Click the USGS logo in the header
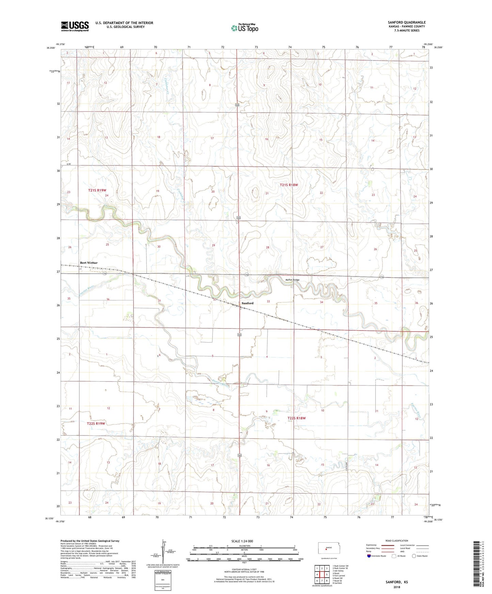click(75, 26)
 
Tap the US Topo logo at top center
click(244, 28)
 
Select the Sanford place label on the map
click(248, 303)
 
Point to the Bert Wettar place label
click(89, 263)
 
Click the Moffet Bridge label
click(292, 280)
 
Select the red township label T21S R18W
click(289, 185)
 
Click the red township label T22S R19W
click(96, 424)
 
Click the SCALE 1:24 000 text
click(242, 541)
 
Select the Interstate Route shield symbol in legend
click(369, 556)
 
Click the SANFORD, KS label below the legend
click(397, 582)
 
